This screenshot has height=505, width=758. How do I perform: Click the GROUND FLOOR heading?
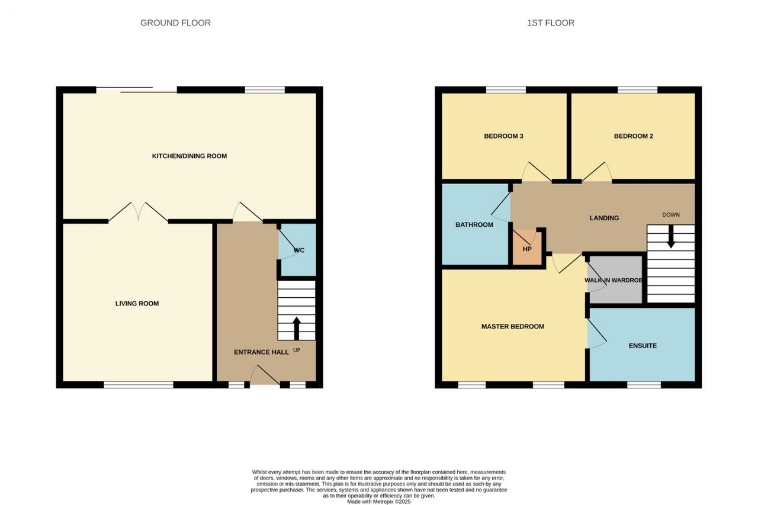tap(175, 23)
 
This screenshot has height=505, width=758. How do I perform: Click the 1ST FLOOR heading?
tap(551, 23)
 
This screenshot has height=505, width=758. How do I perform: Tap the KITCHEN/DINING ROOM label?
tap(189, 156)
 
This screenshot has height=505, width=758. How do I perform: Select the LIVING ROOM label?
tap(137, 303)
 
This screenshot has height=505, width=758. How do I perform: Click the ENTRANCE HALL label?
tap(261, 352)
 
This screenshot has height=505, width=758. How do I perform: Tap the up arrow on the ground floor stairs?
tap(297, 329)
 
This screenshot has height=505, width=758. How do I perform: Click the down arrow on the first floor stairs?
tap(671, 236)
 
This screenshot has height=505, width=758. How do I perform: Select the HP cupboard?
tap(527, 248)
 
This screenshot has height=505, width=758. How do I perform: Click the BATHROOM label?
tap(474, 224)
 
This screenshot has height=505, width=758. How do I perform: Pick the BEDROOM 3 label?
tap(503, 136)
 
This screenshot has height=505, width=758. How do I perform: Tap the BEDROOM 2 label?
tap(634, 136)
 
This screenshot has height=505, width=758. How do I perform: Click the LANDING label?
tap(604, 218)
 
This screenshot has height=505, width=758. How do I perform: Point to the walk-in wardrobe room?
tap(615, 279)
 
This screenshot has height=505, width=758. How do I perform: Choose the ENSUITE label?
tap(643, 346)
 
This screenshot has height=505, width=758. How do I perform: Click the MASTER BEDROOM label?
tap(513, 326)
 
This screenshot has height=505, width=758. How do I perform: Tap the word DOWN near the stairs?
tap(671, 215)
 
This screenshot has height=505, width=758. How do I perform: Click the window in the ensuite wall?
tap(644, 385)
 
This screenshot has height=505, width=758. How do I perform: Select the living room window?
tap(139, 385)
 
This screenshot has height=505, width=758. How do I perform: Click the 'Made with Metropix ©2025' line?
tap(378, 501)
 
